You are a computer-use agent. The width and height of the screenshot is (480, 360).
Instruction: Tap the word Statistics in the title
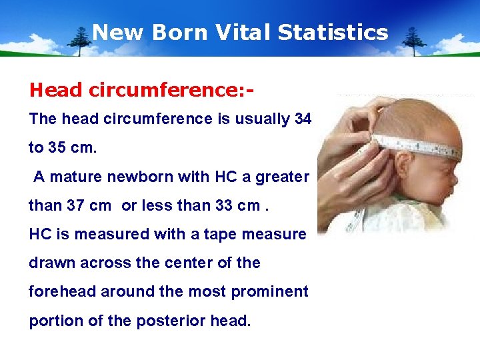click(333, 32)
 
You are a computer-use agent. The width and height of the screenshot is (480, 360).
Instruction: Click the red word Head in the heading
click(51, 89)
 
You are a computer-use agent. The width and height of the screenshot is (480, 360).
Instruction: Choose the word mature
click(73, 177)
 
